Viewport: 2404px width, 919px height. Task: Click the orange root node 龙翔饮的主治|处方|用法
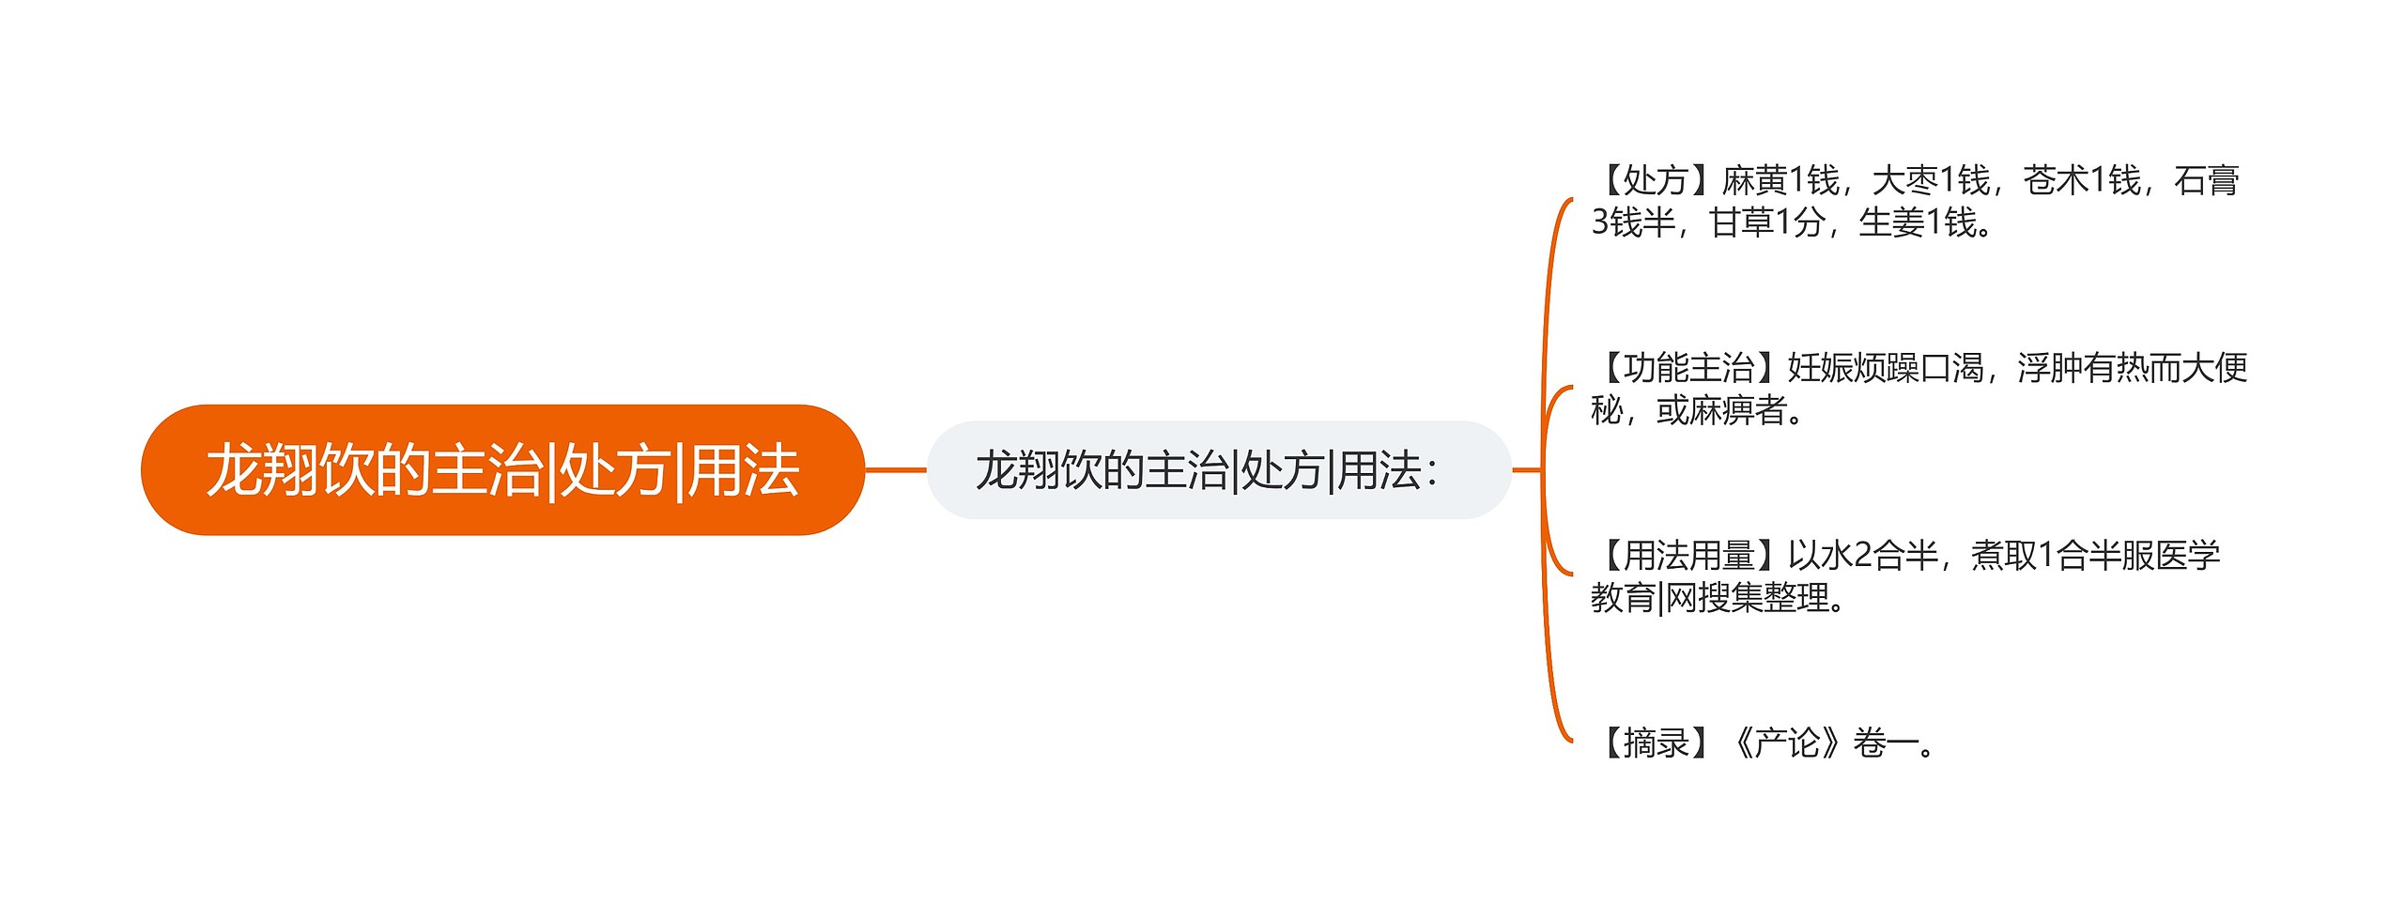[x=502, y=470]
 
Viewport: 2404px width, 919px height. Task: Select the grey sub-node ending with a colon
[x=1218, y=470]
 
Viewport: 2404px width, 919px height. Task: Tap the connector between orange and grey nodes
[x=895, y=469]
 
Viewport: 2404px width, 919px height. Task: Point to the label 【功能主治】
[x=1688, y=367]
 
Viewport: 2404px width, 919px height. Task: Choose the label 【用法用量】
[x=1688, y=555]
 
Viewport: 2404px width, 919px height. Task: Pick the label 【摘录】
[x=1656, y=743]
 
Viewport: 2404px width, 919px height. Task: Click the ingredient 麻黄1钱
[x=1780, y=179]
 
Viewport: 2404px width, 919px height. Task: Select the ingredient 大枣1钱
[x=1931, y=179]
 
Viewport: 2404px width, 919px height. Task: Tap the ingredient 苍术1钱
[x=2081, y=179]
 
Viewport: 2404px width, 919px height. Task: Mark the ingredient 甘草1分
[x=1766, y=222]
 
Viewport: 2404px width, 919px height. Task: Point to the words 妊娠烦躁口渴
[x=1885, y=367]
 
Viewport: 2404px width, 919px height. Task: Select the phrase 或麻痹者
[x=1720, y=410]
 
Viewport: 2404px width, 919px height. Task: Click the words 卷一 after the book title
[x=1886, y=743]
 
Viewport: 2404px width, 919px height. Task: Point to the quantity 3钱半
[x=1633, y=222]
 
